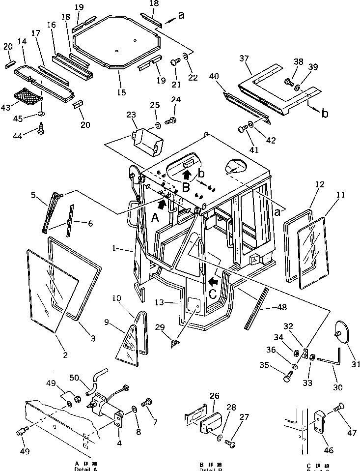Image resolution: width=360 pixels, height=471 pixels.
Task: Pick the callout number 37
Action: [x=245, y=59]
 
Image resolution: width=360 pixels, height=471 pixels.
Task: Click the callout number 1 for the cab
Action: [x=113, y=249]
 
